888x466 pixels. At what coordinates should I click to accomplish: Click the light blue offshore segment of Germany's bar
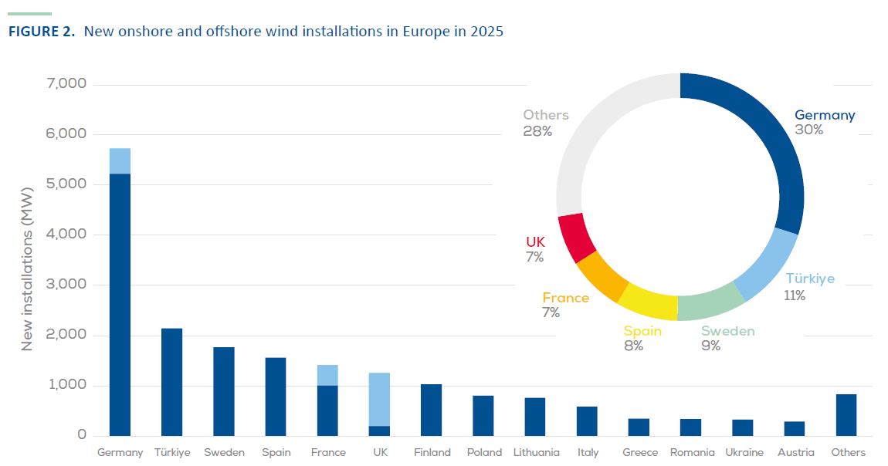pyautogui.click(x=120, y=160)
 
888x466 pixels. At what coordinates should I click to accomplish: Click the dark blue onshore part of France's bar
pyautogui.click(x=327, y=410)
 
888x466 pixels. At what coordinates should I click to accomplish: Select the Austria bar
pyautogui.click(x=795, y=428)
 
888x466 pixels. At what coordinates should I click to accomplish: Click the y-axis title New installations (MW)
pyautogui.click(x=27, y=269)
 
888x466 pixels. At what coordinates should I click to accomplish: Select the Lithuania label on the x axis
pyautogui.click(x=536, y=453)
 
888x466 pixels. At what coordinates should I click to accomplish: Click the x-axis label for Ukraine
pyautogui.click(x=743, y=453)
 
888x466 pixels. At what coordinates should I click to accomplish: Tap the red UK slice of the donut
pyautogui.click(x=576, y=237)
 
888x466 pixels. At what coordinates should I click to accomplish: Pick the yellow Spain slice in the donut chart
pyautogui.click(x=647, y=302)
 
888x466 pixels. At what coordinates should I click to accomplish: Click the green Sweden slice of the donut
pyautogui.click(x=709, y=302)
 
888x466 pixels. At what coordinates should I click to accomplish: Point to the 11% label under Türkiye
pyautogui.click(x=795, y=295)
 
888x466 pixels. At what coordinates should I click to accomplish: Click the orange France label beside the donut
pyautogui.click(x=565, y=298)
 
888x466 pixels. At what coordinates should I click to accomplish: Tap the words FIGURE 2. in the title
pyautogui.click(x=41, y=32)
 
